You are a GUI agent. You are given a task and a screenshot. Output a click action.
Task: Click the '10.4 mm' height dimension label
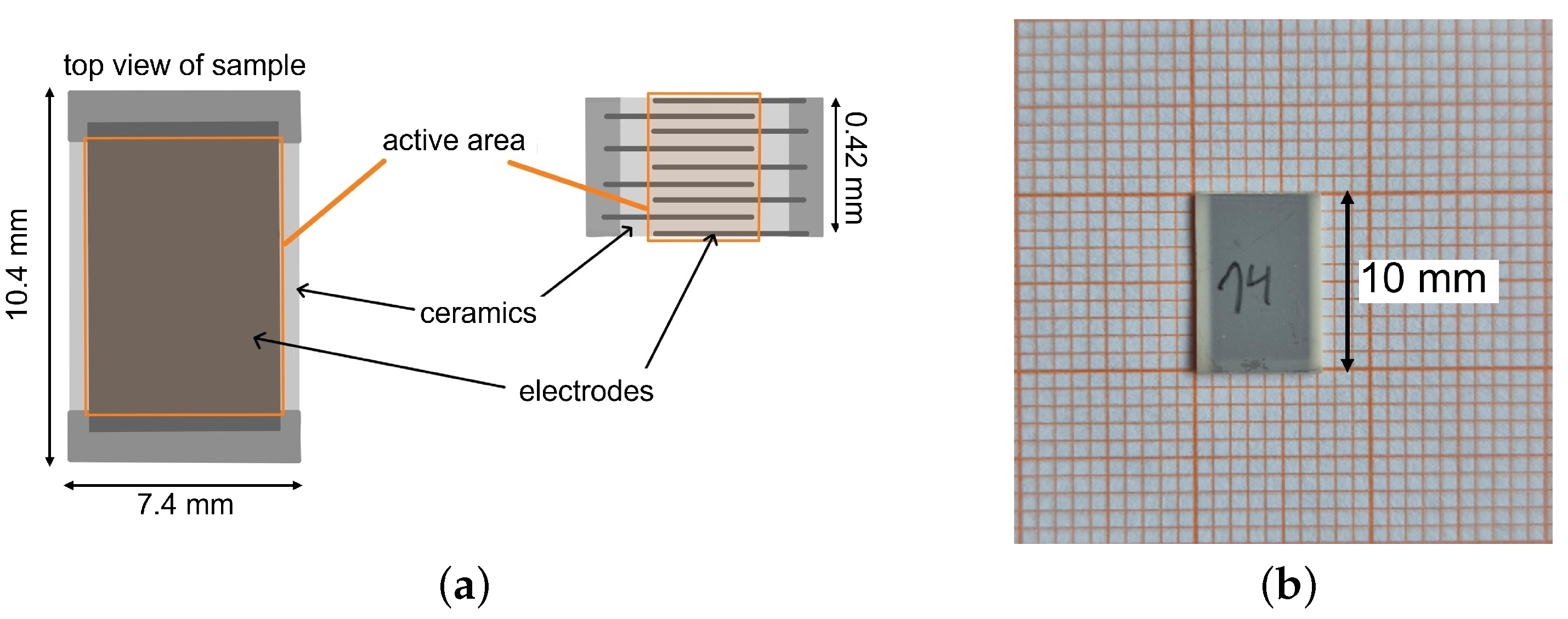point(17,264)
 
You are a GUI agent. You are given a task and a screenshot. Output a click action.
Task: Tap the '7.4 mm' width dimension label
point(185,505)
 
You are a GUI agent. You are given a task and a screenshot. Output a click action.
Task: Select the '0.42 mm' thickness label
point(856,167)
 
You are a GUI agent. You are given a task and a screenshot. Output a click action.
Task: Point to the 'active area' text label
point(454,140)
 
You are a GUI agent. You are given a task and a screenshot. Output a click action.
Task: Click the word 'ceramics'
point(478,314)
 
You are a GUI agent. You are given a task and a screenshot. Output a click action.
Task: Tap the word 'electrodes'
point(586,391)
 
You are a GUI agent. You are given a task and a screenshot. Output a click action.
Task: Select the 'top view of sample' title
point(184,65)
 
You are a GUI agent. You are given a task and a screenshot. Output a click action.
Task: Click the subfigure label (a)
point(464,586)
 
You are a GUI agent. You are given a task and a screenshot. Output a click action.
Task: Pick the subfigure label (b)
point(1289,586)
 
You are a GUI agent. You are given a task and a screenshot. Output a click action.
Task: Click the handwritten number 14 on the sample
point(1245,283)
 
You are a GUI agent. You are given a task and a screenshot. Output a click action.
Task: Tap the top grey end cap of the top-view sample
point(184,107)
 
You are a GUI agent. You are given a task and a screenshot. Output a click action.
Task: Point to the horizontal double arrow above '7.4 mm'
point(183,485)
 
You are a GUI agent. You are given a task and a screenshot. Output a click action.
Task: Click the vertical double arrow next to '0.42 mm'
point(835,165)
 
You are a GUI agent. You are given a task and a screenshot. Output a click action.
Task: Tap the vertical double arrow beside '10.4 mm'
point(50,277)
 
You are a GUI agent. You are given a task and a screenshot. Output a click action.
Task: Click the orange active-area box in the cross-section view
point(704,167)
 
